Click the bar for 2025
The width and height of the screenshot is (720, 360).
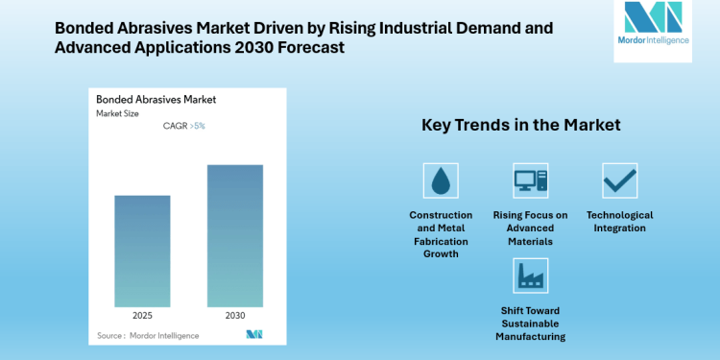[142, 251]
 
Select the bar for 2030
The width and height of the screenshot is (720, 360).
[234, 235]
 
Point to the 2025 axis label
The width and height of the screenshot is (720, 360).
[142, 315]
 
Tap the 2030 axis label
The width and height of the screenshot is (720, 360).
[234, 315]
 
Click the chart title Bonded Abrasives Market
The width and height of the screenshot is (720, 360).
[156, 99]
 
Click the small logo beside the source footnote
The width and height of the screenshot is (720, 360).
[254, 334]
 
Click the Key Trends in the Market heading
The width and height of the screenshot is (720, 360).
[521, 125]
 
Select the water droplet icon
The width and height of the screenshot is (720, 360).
[441, 180]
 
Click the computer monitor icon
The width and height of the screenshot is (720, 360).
[530, 180]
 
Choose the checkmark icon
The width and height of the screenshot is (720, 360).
[619, 180]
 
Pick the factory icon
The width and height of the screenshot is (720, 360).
[530, 276]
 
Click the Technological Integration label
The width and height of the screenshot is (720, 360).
[619, 222]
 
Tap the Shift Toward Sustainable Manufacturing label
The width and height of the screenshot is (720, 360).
[530, 324]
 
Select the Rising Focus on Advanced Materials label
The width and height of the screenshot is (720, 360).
[530, 228]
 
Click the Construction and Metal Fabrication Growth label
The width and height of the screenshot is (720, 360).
[441, 234]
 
